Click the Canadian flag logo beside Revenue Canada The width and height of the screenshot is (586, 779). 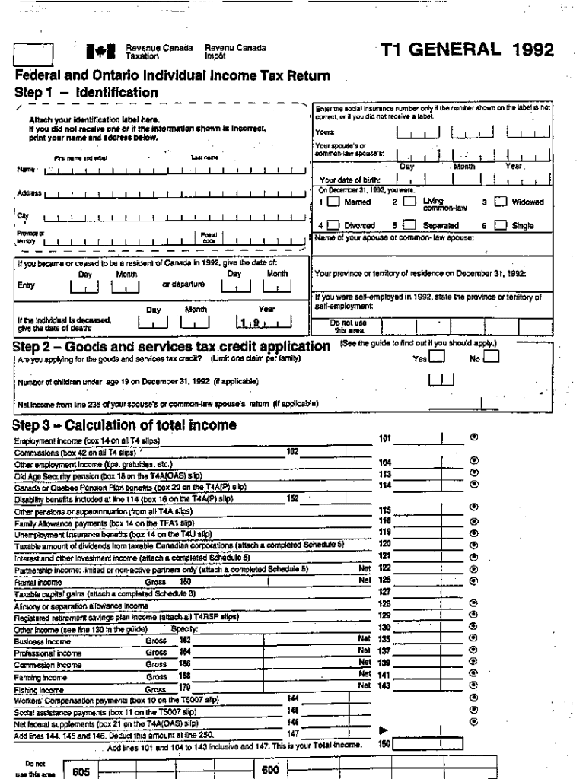coord(105,52)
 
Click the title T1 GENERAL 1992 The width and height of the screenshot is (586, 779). coord(467,51)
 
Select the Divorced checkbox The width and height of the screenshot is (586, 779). coord(333,226)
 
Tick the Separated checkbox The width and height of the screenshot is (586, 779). coord(409,226)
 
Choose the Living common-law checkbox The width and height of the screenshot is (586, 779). coord(408,202)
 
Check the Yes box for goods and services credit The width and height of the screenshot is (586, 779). coord(436,358)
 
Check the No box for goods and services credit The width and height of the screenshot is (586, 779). coord(491,358)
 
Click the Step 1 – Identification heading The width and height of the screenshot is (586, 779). coord(87,93)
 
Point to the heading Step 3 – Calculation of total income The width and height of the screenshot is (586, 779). coord(126,424)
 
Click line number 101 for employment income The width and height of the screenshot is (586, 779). coord(384,438)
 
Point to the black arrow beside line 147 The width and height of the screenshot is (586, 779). coord(384,730)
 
